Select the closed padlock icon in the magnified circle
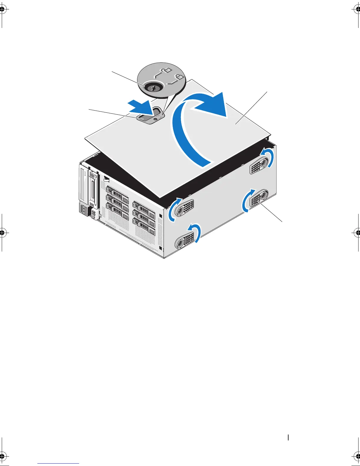(179, 77)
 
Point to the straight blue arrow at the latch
(140, 107)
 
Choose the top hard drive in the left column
(117, 194)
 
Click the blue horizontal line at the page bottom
(58, 463)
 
